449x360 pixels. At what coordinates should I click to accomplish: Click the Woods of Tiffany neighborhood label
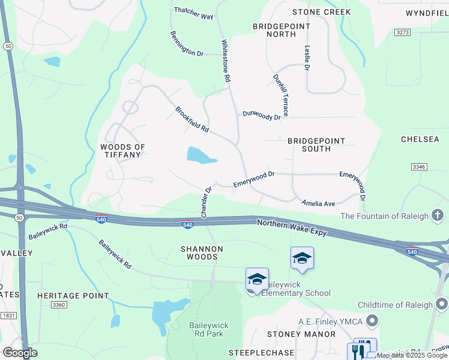pos(122,151)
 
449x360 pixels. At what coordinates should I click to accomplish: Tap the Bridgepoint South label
pos(316,145)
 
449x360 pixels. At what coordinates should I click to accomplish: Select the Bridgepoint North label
pos(282,30)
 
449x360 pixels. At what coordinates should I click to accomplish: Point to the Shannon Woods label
pos(202,253)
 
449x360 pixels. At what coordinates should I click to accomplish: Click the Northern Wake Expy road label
pos(292,227)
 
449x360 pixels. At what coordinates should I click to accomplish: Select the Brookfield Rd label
pos(191,119)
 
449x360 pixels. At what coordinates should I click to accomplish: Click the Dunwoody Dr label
pos(261,115)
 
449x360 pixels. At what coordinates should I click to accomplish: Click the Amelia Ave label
pos(318,204)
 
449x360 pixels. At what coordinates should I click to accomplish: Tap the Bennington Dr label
pos(187,44)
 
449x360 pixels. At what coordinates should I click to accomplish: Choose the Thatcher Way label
pos(193,13)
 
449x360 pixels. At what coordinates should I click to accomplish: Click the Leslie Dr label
pos(307,58)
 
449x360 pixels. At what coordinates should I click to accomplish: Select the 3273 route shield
pos(402,31)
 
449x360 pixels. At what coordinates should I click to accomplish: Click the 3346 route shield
pos(419,166)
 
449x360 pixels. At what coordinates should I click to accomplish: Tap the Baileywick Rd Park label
pos(208,329)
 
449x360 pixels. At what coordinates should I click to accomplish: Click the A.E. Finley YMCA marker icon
pos(372,322)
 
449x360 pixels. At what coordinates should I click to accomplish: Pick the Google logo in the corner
pos(20,353)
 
